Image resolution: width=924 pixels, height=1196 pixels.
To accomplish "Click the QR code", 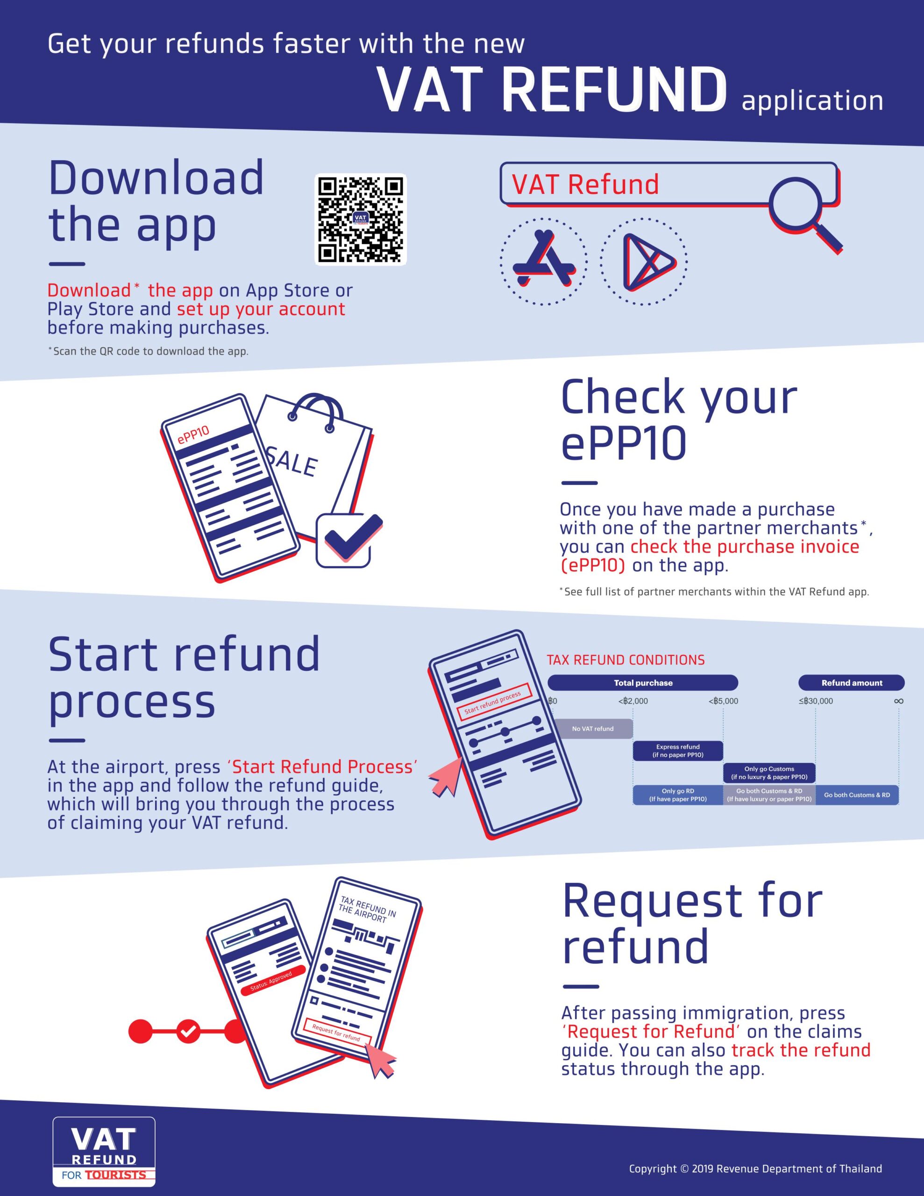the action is [361, 220].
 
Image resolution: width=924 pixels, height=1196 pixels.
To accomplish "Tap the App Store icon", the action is [543, 261].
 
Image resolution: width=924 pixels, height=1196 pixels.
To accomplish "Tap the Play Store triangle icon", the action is [644, 261].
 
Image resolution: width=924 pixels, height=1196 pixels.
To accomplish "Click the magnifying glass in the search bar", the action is [803, 214].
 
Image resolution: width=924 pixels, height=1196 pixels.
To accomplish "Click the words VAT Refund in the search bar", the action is [585, 185].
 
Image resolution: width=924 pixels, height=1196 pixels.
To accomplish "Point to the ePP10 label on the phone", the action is [193, 435].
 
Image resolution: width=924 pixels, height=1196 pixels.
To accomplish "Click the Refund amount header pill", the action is [852, 683].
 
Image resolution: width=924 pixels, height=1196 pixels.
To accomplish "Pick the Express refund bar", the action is [678, 751].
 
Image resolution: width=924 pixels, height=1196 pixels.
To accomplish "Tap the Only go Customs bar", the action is [769, 773].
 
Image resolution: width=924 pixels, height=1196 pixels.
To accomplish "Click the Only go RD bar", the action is [678, 795].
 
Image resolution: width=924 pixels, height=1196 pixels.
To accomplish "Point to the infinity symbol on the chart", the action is [898, 701].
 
